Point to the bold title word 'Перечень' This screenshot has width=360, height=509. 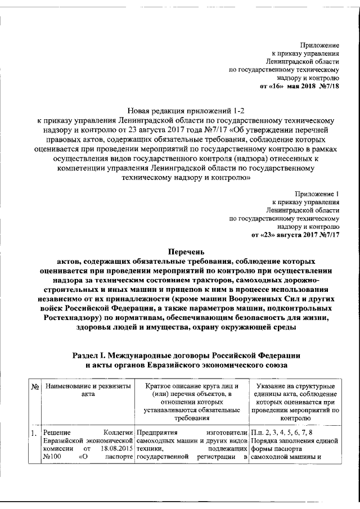[179, 253]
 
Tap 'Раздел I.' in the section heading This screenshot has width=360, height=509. [92, 355]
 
